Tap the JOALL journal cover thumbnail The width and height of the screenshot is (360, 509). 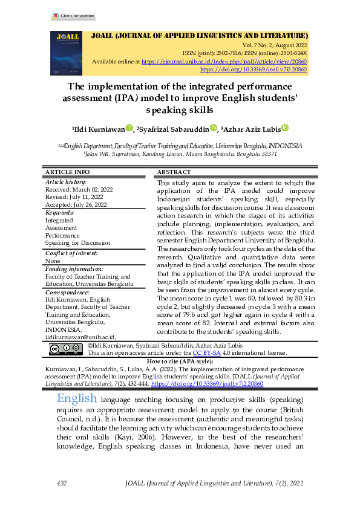(65, 53)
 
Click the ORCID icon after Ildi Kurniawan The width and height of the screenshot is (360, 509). (129, 128)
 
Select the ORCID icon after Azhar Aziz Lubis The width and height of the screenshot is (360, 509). (285, 128)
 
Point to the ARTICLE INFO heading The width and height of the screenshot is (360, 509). (68, 172)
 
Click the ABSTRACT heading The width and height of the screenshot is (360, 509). (174, 172)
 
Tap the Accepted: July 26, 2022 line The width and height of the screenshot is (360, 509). (76, 205)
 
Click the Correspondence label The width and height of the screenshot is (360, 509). (68, 291)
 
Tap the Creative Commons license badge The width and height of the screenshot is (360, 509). (65, 348)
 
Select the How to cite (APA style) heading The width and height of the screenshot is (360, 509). (180, 360)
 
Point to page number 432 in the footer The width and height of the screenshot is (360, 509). (61, 484)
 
